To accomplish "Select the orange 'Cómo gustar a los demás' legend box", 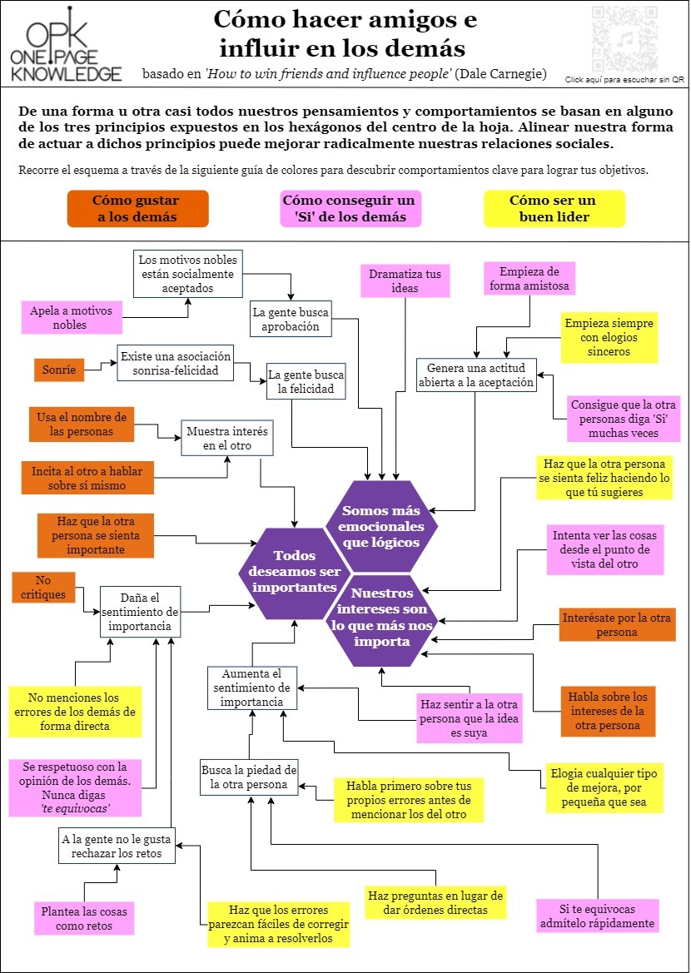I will pyautogui.click(x=137, y=208).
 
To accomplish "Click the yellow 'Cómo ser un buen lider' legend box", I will pyautogui.click(x=553, y=208).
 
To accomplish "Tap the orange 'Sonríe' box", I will pyautogui.click(x=59, y=369).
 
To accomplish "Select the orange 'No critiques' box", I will pyautogui.click(x=44, y=587).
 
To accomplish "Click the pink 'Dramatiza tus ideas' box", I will pyautogui.click(x=405, y=280).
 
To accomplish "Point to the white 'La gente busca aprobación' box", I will pyautogui.click(x=291, y=320).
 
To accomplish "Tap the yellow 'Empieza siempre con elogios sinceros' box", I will pyautogui.click(x=609, y=337).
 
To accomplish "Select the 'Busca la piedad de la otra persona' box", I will pyautogui.click(x=249, y=777).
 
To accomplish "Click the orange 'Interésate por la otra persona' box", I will pyautogui.click(x=617, y=624).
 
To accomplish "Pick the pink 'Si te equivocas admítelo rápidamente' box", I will pyautogui.click(x=598, y=916).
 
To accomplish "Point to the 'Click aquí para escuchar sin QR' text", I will pyautogui.click(x=624, y=80).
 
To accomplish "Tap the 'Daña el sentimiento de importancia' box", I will pyautogui.click(x=140, y=612).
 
